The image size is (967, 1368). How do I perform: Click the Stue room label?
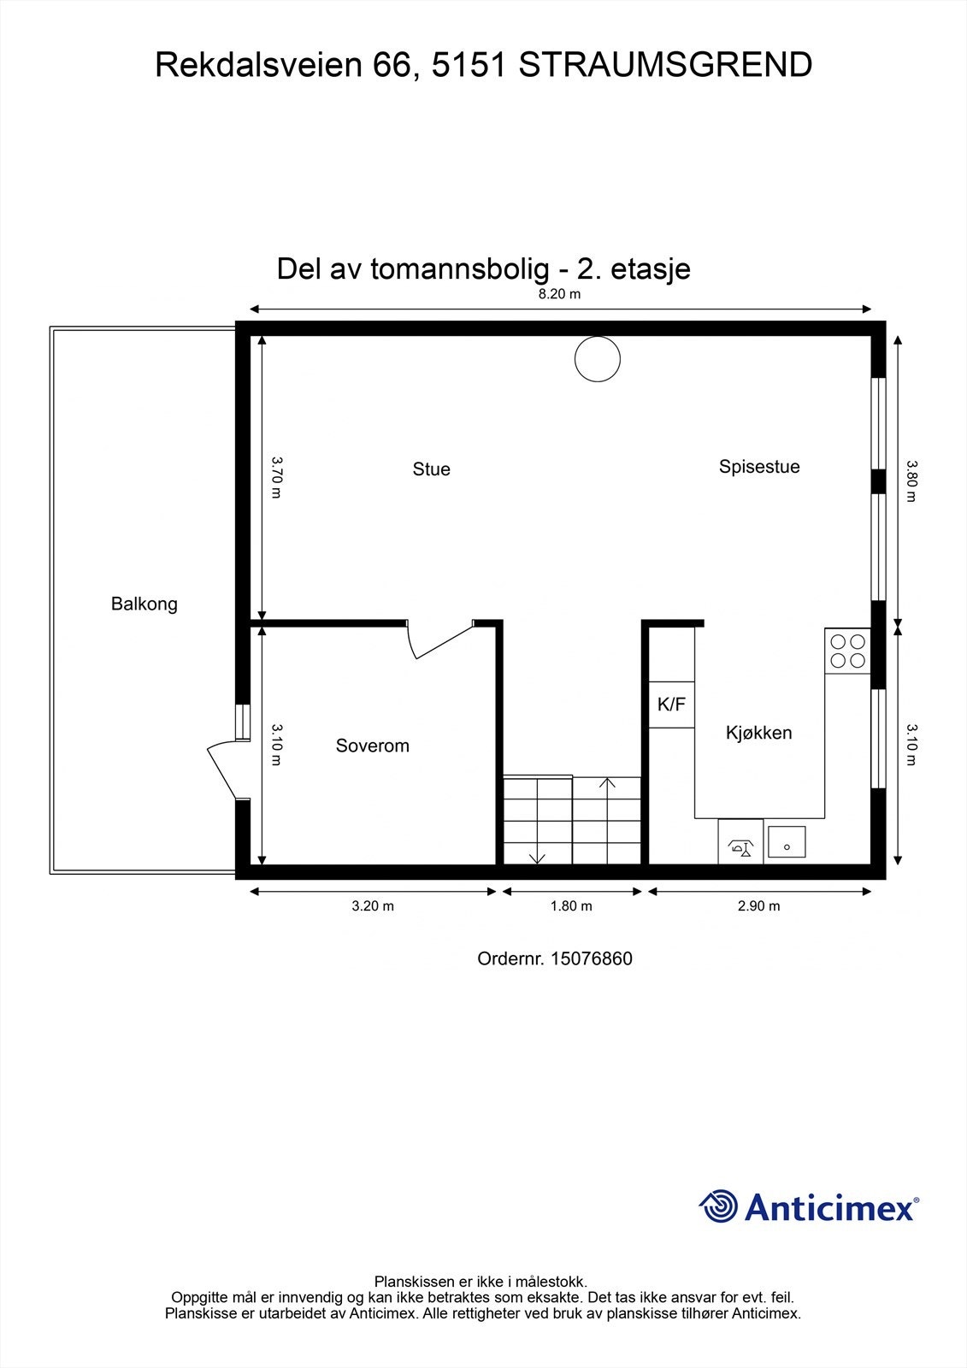(x=431, y=469)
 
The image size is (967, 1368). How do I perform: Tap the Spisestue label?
(x=759, y=467)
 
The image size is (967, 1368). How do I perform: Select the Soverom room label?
(x=372, y=746)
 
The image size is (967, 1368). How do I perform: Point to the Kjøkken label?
(x=758, y=733)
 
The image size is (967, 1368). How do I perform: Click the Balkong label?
(x=144, y=604)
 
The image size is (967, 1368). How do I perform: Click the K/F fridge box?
(x=671, y=705)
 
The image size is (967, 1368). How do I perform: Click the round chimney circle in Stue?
(x=597, y=358)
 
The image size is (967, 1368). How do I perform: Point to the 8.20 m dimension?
(x=559, y=294)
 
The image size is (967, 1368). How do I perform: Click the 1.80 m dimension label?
(x=571, y=906)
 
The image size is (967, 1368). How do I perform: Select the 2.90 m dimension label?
(x=758, y=906)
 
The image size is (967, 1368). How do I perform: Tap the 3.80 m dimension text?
(x=911, y=481)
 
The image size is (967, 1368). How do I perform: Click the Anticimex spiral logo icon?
(x=718, y=1206)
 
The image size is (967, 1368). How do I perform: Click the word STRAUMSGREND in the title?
(x=665, y=65)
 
